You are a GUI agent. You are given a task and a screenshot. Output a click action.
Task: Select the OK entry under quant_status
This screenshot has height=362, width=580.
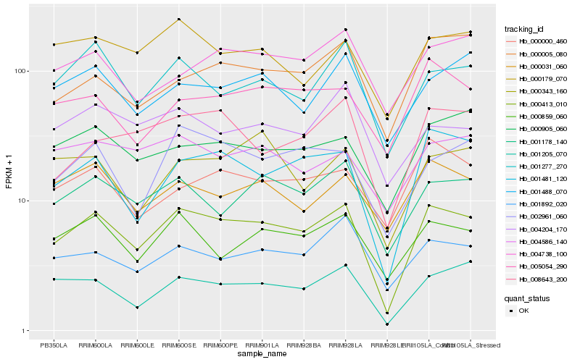pos(523,311)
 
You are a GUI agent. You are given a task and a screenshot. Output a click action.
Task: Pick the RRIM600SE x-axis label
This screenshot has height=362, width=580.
pos(178,344)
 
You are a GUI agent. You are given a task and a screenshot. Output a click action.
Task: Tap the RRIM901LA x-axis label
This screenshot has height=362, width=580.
pos(262,344)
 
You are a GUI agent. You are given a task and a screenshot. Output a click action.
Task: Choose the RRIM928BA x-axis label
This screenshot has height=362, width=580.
pos(304,344)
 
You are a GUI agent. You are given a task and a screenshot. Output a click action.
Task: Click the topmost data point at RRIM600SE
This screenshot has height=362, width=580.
pos(178,19)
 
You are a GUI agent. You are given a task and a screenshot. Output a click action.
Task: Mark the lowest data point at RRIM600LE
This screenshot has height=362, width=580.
pos(136,308)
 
